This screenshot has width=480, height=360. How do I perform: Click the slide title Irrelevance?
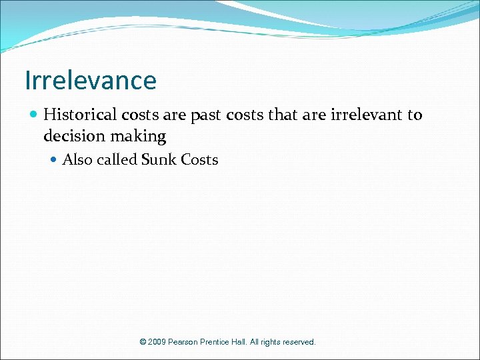pyautogui.click(x=91, y=81)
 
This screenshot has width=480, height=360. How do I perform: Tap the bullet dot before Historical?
pyautogui.click(x=34, y=115)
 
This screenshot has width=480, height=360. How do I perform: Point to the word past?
pyautogui.click(x=205, y=115)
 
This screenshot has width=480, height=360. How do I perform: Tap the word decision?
pyautogui.click(x=71, y=137)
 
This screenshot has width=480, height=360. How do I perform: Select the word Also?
pyautogui.click(x=77, y=160)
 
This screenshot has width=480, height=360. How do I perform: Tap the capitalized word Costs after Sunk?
pyautogui.click(x=198, y=160)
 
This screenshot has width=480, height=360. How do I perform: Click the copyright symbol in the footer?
pyautogui.click(x=143, y=342)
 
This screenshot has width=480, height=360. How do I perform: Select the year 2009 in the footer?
pyautogui.click(x=157, y=342)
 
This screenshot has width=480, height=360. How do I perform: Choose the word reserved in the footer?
pyautogui.click(x=299, y=342)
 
